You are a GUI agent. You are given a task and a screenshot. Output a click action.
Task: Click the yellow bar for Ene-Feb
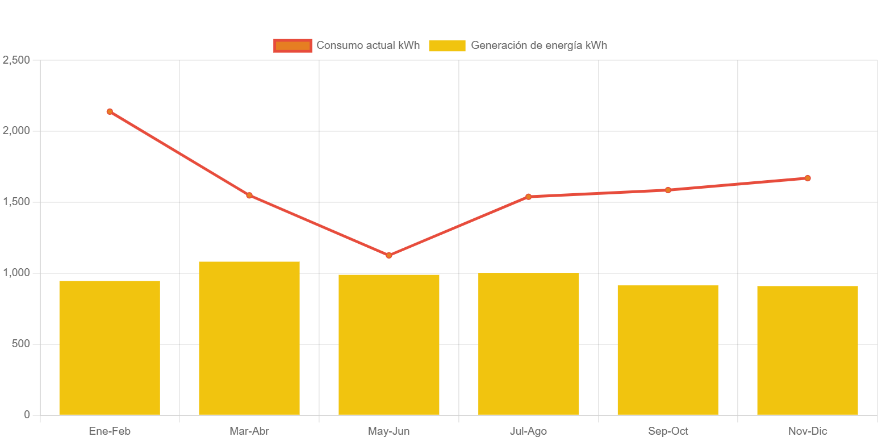pos(110,347)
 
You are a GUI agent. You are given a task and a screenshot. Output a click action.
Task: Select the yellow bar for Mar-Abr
pos(249,338)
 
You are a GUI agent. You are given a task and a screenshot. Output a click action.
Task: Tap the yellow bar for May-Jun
pos(389,344)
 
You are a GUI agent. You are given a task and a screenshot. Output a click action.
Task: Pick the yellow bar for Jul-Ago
pos(529,343)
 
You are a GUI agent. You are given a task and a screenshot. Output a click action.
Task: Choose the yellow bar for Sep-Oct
pos(668,350)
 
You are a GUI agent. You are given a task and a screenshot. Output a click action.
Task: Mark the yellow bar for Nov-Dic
pos(808,350)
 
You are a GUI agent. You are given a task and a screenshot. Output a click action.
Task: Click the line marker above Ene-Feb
pos(110,111)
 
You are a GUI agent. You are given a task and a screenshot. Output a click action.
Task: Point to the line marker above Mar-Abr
pos(249,195)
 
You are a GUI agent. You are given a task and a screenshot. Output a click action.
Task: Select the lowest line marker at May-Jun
pos(389,255)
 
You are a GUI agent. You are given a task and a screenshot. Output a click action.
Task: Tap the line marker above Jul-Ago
pos(529,197)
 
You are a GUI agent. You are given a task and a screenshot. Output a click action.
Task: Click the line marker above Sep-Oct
pos(668,190)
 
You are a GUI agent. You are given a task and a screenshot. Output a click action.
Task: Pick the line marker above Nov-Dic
pos(808,178)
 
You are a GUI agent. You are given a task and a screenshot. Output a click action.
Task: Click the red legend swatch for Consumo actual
pos(292,45)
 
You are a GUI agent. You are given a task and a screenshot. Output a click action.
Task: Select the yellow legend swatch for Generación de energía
pos(447,45)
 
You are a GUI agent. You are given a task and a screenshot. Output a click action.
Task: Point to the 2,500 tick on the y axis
pos(16,60)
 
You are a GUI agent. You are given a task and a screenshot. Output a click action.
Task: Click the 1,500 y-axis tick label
pos(16,202)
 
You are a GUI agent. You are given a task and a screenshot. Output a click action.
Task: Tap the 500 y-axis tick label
pos(20,344)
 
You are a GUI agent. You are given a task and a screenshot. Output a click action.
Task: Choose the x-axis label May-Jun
pos(389,431)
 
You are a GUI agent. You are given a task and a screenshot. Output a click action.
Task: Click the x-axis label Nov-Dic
pos(808,431)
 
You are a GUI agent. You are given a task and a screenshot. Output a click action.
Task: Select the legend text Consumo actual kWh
pos(368,45)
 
